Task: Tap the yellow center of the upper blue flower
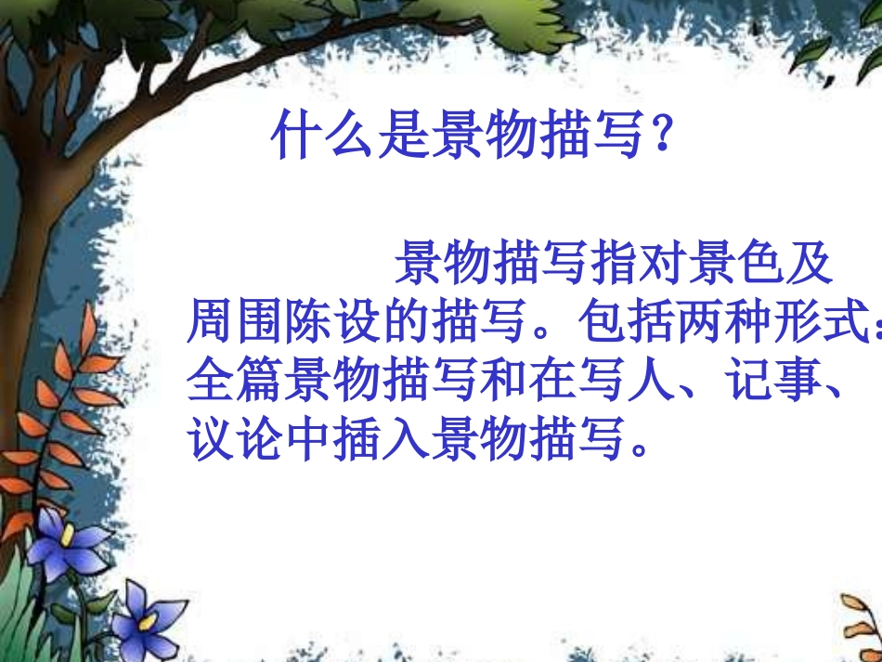click(68, 539)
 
